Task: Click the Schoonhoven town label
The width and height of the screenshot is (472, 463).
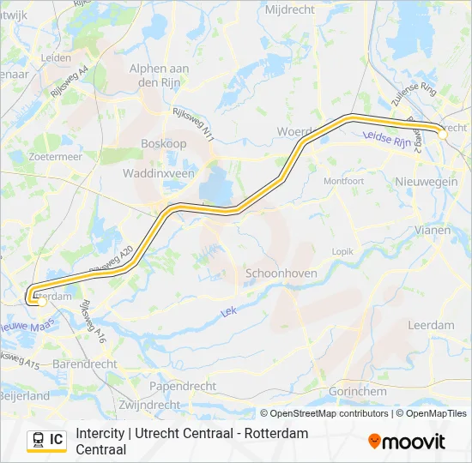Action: coord(281,273)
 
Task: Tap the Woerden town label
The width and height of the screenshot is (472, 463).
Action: coord(293,131)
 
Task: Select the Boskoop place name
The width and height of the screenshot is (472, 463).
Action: coord(163,144)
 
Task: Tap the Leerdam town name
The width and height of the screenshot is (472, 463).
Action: coord(431,325)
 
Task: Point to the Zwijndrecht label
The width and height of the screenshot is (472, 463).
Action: coord(150,405)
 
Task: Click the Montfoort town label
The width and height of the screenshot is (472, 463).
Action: coord(343,181)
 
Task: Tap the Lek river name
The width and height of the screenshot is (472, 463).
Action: coord(229,313)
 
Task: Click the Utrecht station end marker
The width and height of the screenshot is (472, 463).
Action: coord(443,134)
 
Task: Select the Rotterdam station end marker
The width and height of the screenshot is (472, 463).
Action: coord(41,301)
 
